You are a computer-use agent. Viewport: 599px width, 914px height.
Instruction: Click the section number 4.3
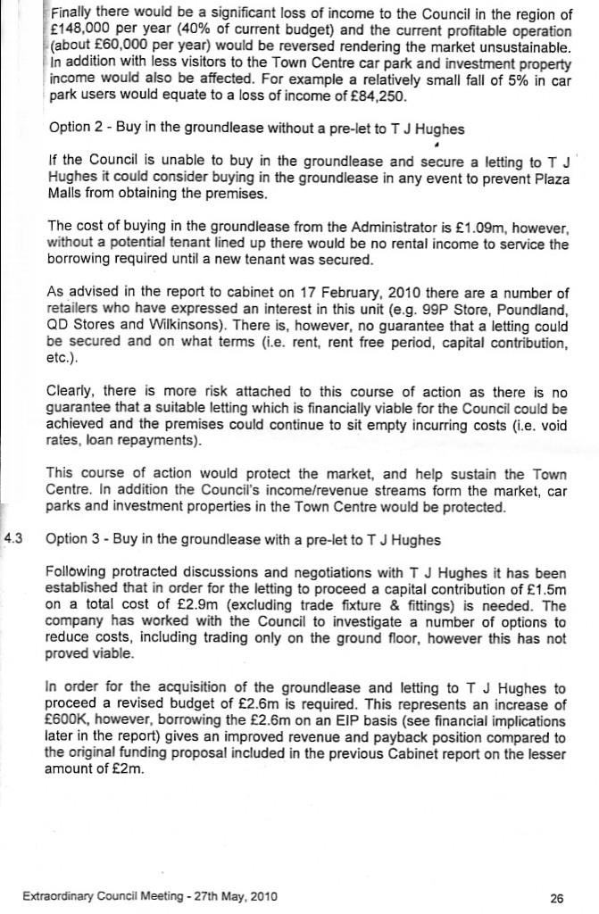pyautogui.click(x=16, y=538)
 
